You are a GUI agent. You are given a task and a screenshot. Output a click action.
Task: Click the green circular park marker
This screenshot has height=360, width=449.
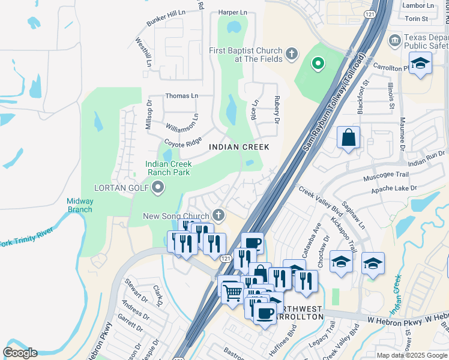[x=318, y=62]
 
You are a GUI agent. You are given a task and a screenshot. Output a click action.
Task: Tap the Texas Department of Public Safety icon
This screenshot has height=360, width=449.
[x=395, y=41]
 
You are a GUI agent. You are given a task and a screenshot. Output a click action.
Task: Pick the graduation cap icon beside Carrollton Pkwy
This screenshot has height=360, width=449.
[x=421, y=63]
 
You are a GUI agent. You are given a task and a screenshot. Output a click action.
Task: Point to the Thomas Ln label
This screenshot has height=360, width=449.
[x=181, y=96]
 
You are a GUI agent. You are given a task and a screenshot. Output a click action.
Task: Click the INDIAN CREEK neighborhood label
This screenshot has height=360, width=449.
[x=239, y=147]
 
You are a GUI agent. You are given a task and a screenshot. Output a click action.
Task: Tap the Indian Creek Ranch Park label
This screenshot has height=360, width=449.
[x=169, y=168]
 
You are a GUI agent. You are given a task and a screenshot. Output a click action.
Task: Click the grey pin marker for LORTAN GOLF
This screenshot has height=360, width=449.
[x=158, y=188]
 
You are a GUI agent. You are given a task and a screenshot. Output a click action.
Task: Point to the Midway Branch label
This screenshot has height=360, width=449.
[x=79, y=205]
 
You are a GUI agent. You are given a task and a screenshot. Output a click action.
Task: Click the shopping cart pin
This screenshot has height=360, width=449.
[x=232, y=293]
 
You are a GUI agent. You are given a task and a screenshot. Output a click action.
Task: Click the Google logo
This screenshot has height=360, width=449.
[x=20, y=353]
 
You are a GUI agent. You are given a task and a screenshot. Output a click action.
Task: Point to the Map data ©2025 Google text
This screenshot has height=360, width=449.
[x=412, y=355]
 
